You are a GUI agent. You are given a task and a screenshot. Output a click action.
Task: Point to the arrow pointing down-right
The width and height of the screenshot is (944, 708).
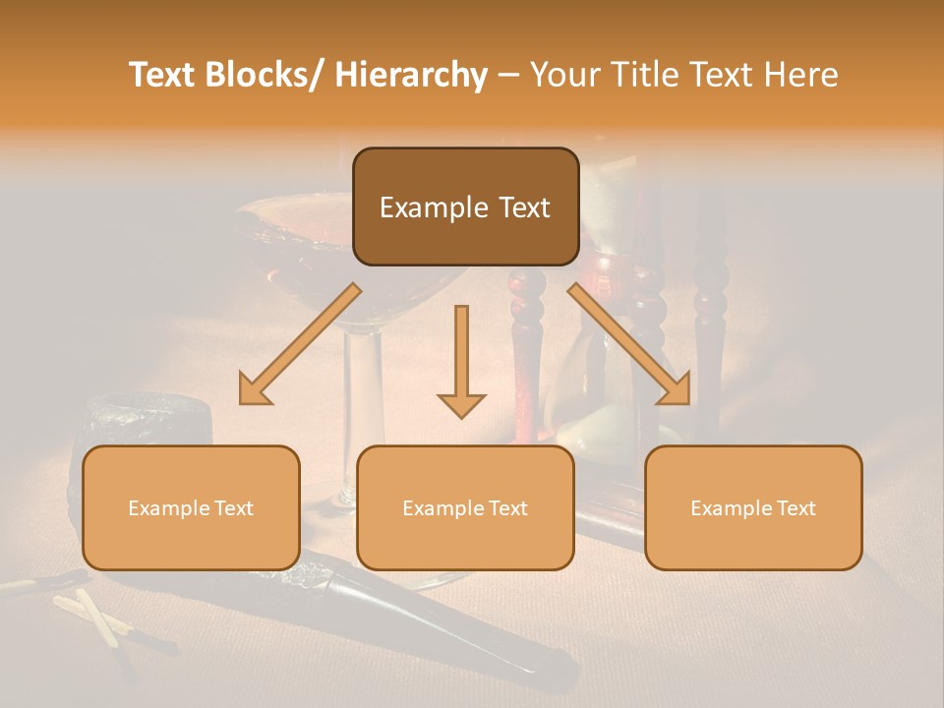[x=629, y=343]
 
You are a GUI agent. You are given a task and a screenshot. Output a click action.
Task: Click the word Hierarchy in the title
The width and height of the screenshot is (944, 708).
[x=411, y=76]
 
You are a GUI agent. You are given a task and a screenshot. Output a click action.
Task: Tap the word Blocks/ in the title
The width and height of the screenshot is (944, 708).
[x=266, y=76]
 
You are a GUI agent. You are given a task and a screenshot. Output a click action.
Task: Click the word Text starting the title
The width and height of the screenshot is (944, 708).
[x=163, y=76]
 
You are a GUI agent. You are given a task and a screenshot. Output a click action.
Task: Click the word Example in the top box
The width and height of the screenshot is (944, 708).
[x=433, y=208]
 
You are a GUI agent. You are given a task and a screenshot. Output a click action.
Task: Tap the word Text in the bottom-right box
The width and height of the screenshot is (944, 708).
[x=795, y=508]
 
